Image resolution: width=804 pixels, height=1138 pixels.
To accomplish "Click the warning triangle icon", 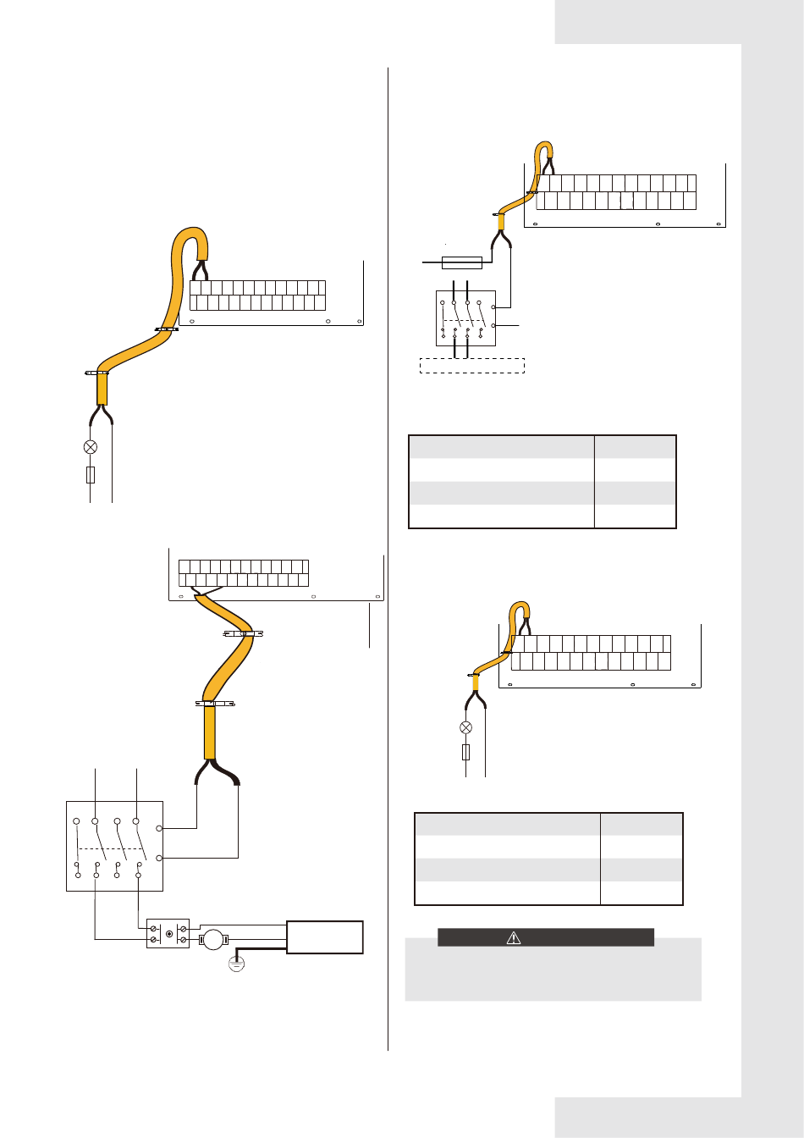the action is [513, 938].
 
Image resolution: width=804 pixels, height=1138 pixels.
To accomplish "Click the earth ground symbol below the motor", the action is [237, 964].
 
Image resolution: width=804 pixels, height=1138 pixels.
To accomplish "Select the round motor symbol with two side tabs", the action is [213, 938].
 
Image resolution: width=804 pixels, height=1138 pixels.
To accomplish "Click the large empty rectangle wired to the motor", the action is [325, 937].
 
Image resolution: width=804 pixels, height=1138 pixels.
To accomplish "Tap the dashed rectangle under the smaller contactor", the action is [472, 366].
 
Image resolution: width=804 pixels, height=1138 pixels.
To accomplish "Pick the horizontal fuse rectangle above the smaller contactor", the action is [462, 262].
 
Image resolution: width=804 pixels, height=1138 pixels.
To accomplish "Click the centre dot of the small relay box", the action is [169, 934].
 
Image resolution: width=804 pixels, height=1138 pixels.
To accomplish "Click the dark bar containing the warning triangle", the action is [546, 937].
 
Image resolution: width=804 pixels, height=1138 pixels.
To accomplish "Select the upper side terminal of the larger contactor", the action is [160, 828].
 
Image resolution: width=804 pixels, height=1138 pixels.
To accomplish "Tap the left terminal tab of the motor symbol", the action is [201, 939].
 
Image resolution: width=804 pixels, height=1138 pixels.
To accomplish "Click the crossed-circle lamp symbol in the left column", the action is [91, 447].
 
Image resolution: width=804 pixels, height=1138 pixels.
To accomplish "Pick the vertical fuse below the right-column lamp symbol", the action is [465, 752].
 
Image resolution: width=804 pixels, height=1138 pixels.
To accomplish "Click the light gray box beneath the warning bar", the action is [553, 974].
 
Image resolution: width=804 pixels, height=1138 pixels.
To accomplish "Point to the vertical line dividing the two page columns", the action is [388, 559].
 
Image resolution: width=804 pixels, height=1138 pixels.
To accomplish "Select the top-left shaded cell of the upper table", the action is [501, 447].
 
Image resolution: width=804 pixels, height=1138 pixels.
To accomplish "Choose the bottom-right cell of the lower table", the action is [641, 893].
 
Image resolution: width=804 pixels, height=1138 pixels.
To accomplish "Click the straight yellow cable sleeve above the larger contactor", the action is [209, 733].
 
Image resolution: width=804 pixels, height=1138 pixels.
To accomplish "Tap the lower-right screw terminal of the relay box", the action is [182, 940].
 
